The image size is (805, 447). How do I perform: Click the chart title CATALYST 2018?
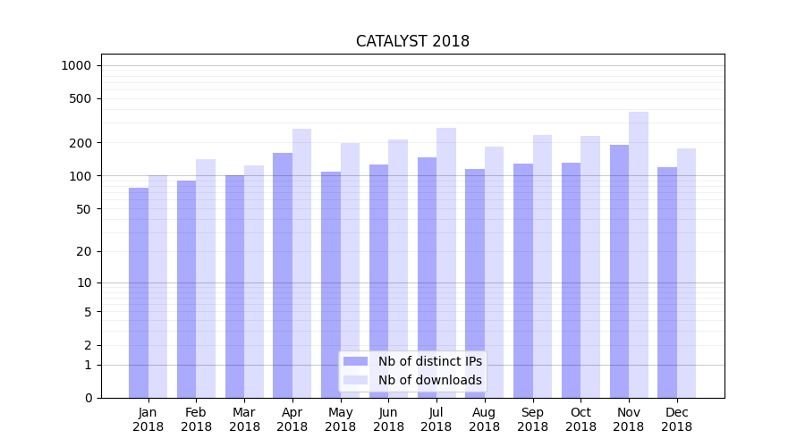(x=412, y=41)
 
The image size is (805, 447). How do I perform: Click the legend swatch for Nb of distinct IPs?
(x=356, y=361)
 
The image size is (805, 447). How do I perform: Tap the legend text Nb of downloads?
(x=430, y=380)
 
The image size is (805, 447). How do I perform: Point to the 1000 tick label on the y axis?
(x=76, y=65)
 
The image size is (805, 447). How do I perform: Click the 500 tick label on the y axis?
(x=80, y=98)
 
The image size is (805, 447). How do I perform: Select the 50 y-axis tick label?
(x=83, y=209)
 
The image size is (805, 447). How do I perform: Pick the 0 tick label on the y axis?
(x=88, y=398)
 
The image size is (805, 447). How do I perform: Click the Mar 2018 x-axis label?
(x=244, y=419)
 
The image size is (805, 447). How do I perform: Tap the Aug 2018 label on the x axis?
(x=484, y=419)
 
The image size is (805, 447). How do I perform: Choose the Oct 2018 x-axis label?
(x=580, y=419)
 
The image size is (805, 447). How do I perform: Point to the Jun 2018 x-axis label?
(x=388, y=419)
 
